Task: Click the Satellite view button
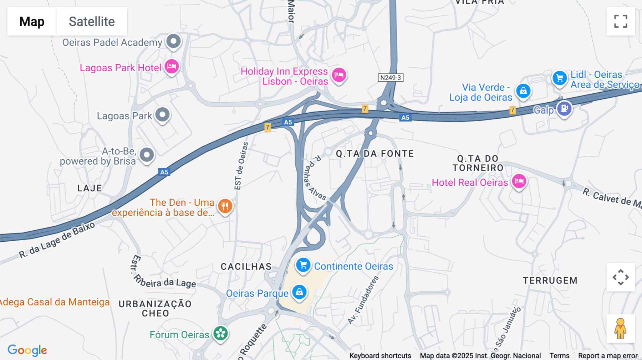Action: click(x=92, y=21)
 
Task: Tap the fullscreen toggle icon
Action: click(x=621, y=21)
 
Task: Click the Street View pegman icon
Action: click(x=621, y=329)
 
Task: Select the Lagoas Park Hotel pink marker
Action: click(x=172, y=66)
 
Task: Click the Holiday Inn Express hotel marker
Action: click(x=339, y=75)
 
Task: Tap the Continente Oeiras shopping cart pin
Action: click(x=303, y=265)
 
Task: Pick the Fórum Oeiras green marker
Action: click(x=220, y=334)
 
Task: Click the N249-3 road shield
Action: click(x=391, y=78)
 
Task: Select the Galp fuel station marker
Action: click(x=564, y=108)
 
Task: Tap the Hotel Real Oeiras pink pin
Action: click(x=519, y=181)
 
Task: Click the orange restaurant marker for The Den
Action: click(x=225, y=206)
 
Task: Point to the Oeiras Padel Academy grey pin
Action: click(x=174, y=41)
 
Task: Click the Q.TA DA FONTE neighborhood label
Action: click(x=375, y=154)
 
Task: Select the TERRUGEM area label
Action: click(x=550, y=281)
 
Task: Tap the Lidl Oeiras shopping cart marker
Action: click(x=560, y=77)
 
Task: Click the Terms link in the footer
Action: click(x=559, y=356)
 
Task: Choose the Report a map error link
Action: click(x=608, y=356)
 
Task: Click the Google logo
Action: click(x=27, y=350)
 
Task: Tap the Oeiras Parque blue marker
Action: click(x=299, y=292)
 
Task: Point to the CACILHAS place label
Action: click(x=246, y=267)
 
